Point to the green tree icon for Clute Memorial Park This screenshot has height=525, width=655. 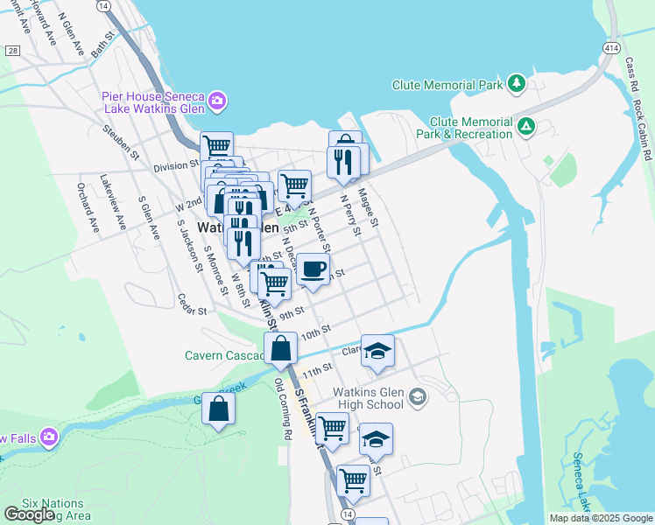[x=517, y=84]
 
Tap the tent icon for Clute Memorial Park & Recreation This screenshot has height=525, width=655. [x=526, y=127]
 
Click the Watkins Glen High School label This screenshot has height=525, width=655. [x=368, y=399]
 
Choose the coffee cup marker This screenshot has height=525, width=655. [x=313, y=269]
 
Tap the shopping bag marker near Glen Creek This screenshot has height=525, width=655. [x=219, y=408]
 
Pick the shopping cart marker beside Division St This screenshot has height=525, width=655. [x=216, y=146]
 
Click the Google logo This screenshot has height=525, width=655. [x=29, y=514]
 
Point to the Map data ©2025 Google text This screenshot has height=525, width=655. [x=601, y=518]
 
